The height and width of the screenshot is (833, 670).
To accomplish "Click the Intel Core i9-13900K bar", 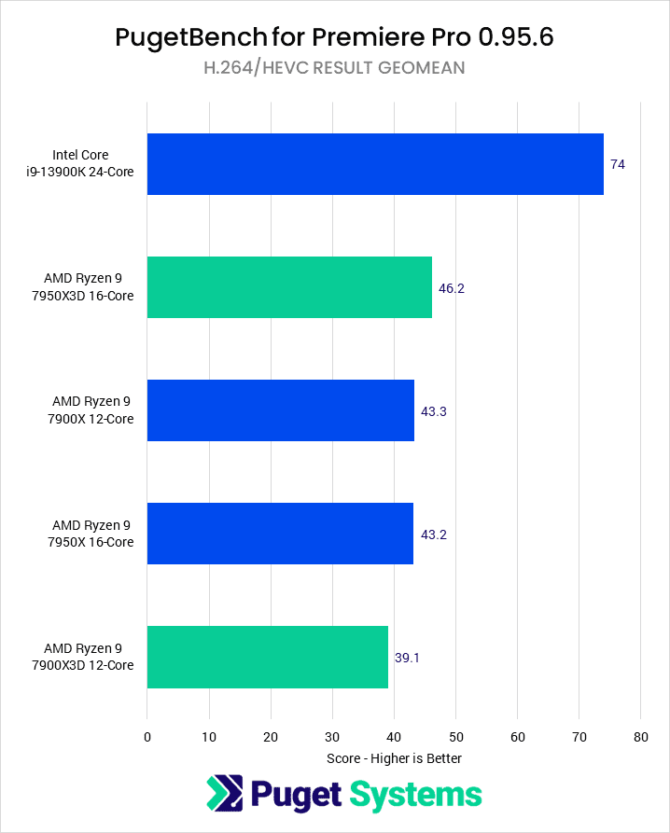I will pyautogui.click(x=375, y=164).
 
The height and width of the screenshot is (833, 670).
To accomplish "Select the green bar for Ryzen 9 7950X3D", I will pyautogui.click(x=289, y=287).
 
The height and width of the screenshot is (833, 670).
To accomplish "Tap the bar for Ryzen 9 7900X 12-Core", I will pyautogui.click(x=280, y=410).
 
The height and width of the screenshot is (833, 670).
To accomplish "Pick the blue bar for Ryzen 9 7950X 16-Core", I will pyautogui.click(x=280, y=534).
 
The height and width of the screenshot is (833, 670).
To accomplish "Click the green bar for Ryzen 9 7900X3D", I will pyautogui.click(x=267, y=657).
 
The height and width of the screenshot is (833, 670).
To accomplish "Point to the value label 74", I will pyautogui.click(x=618, y=164).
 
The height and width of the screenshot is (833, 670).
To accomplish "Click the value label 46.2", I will pyautogui.click(x=452, y=288).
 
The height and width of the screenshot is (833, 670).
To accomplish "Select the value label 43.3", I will pyautogui.click(x=434, y=411).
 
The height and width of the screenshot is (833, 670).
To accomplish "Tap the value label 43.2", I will pyautogui.click(x=433, y=535).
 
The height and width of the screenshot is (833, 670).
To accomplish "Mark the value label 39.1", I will pyautogui.click(x=408, y=658).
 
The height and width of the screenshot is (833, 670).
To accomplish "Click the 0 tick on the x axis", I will pyautogui.click(x=147, y=737).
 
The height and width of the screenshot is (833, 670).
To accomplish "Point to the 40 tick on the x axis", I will pyautogui.click(x=394, y=737).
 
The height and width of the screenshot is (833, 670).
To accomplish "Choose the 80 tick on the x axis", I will pyautogui.click(x=640, y=737).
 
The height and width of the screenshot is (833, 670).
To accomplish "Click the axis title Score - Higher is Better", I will pyautogui.click(x=394, y=757).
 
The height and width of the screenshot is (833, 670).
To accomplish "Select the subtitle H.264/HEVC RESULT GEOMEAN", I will pyautogui.click(x=334, y=67).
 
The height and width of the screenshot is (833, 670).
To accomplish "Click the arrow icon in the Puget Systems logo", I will pyautogui.click(x=224, y=795).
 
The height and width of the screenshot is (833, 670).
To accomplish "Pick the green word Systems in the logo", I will pyautogui.click(x=416, y=795).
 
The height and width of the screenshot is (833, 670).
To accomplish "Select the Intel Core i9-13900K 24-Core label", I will pyautogui.click(x=93, y=164).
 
